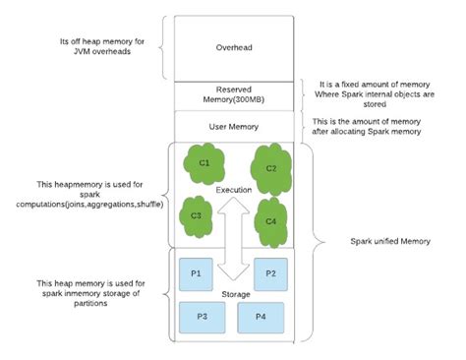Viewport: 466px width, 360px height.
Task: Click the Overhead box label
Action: [x=233, y=46]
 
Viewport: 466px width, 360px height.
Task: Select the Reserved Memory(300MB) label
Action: [x=233, y=94]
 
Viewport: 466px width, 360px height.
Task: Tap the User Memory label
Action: [x=233, y=126]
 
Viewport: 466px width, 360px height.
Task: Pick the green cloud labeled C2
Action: [x=272, y=168]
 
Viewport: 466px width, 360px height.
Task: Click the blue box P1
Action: [x=195, y=272]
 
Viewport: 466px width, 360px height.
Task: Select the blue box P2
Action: [x=271, y=272]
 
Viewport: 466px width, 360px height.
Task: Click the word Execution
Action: [x=235, y=188]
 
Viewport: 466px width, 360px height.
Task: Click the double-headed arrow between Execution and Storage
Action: [x=235, y=239]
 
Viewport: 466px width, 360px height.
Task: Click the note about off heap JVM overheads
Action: [x=100, y=46]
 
